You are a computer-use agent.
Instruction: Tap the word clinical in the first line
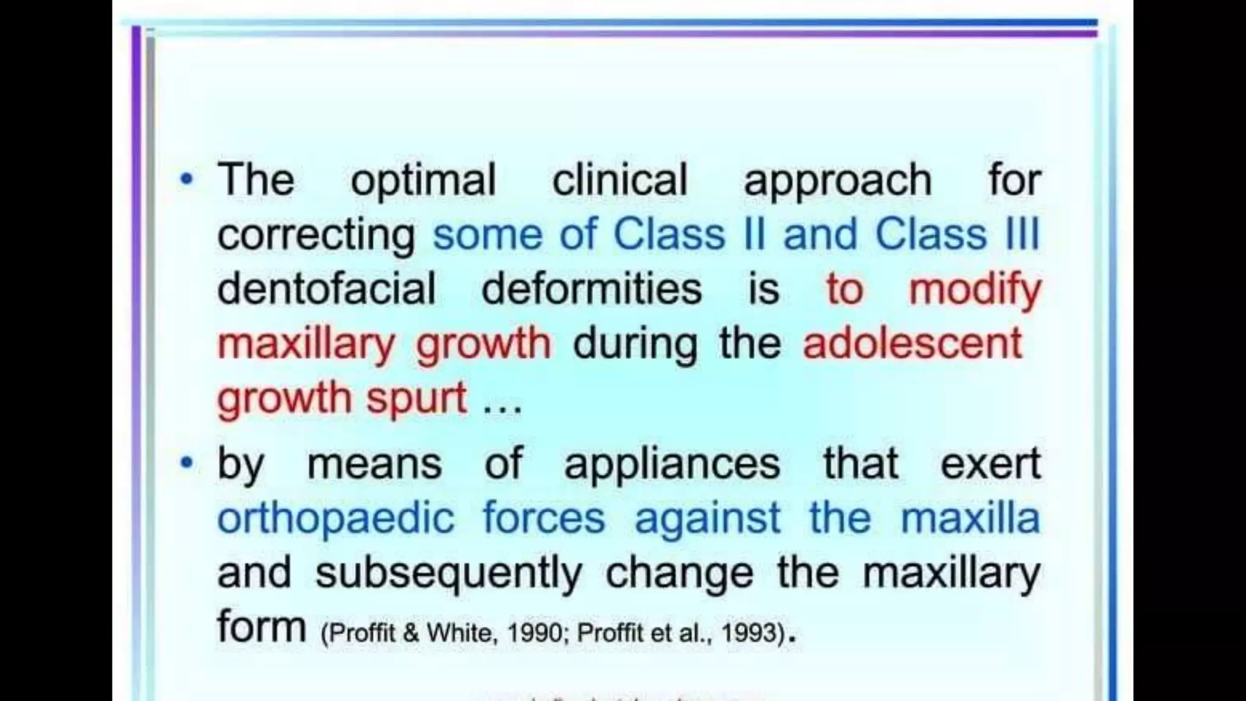(619, 180)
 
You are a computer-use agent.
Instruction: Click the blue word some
(487, 235)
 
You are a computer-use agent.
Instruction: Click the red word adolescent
(912, 343)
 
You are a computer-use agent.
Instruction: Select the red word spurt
(417, 399)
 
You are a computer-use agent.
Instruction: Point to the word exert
(990, 464)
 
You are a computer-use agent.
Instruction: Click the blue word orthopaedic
(336, 520)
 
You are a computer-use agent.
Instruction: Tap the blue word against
(707, 520)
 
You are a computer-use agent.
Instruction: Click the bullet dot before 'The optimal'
(186, 180)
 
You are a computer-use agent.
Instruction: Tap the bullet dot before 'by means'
(186, 464)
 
